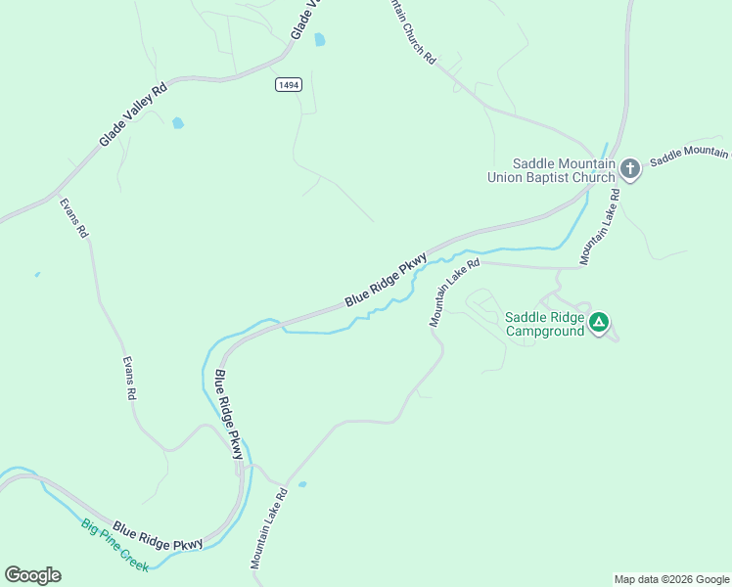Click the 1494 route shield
tap(288, 85)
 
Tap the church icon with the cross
tap(629, 170)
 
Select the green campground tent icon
tap(599, 322)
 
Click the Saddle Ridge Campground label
tap(544, 324)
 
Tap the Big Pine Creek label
tap(114, 545)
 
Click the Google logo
tap(32, 575)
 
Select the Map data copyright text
tap(671, 579)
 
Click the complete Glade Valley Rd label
tap(133, 114)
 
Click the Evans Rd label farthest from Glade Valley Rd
tap(128, 378)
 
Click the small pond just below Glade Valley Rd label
tap(177, 123)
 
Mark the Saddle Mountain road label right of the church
tap(689, 156)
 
